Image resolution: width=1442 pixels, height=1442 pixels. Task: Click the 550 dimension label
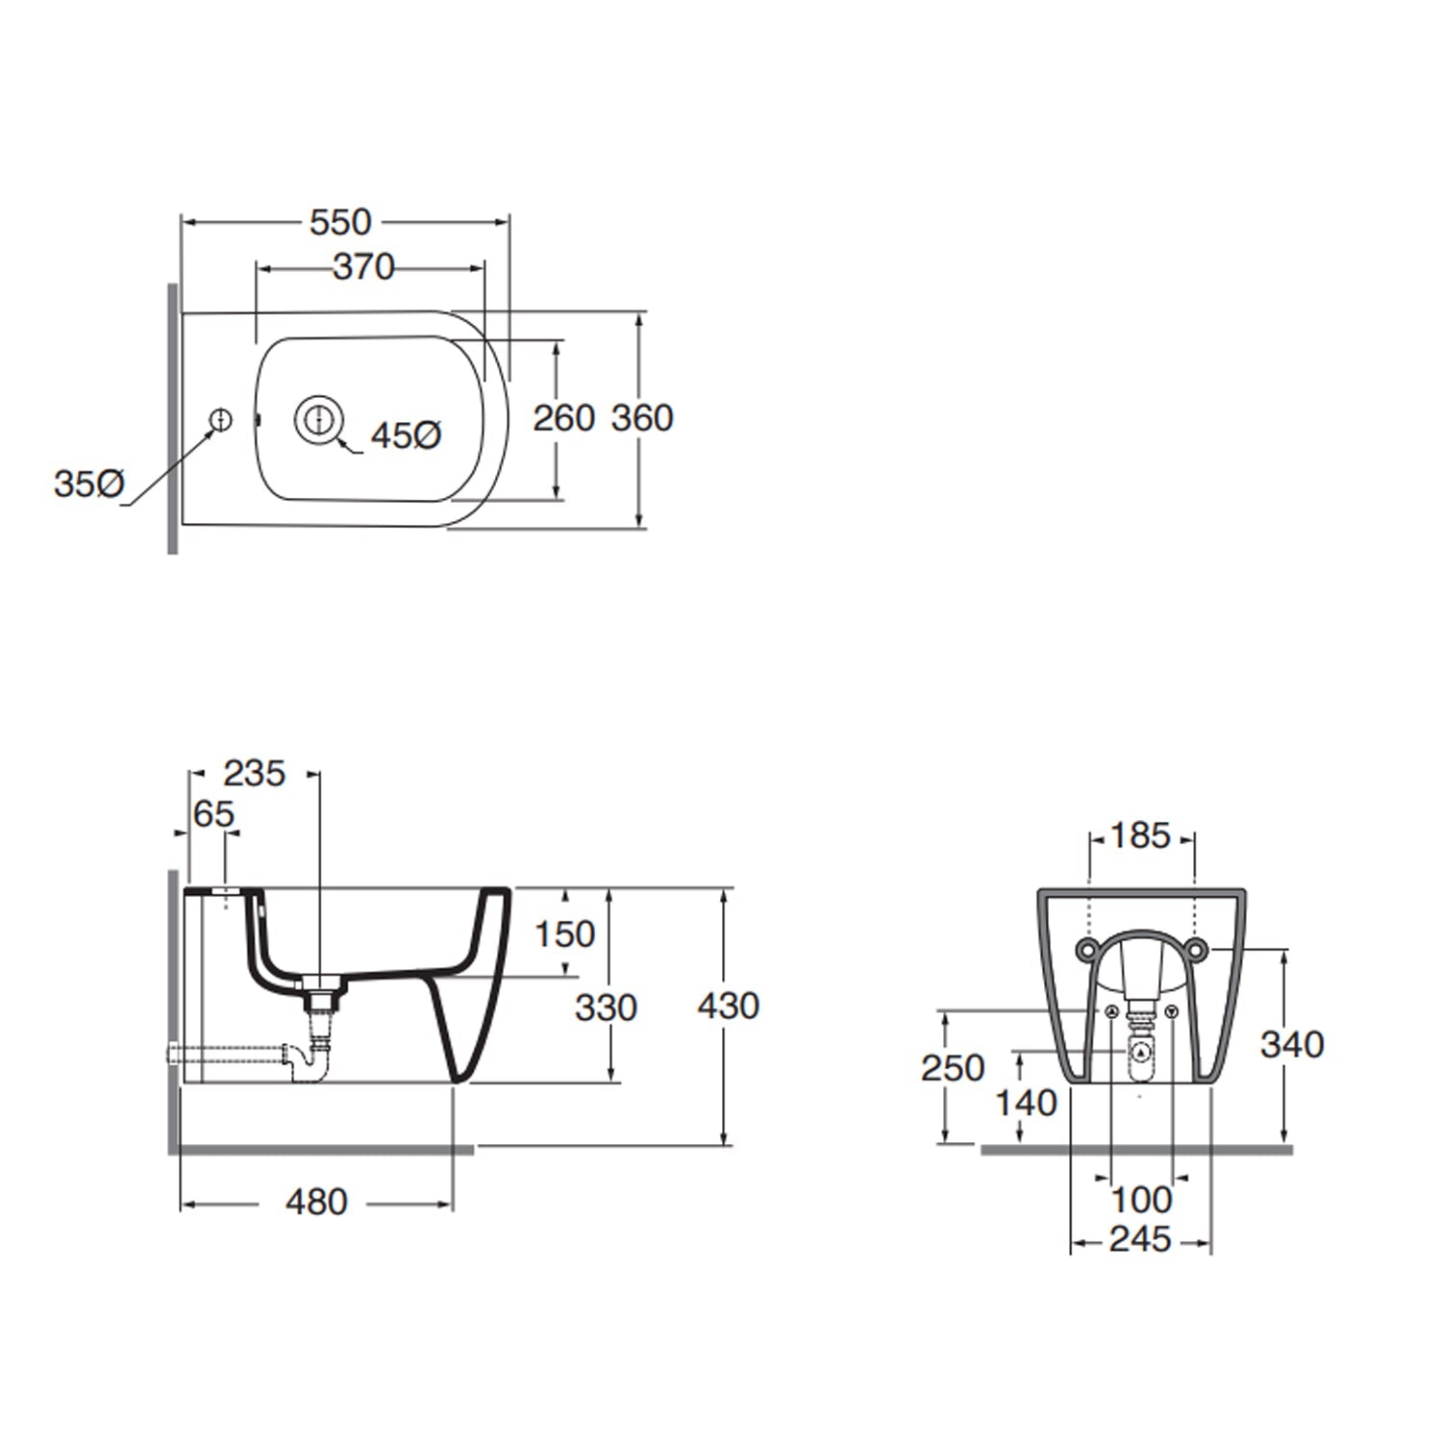point(340,222)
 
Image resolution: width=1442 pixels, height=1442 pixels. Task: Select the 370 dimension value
point(364,266)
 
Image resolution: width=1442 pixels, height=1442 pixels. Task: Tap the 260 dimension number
point(564,418)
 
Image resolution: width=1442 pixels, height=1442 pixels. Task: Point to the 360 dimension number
point(642,418)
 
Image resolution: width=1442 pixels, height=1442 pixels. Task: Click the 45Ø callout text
point(407,435)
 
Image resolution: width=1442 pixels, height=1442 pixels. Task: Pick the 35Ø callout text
point(88,484)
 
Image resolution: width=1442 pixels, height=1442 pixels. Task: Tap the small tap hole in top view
point(221,419)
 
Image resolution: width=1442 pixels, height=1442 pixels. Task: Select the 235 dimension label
point(255,773)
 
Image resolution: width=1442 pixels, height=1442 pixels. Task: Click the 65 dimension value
point(213,814)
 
